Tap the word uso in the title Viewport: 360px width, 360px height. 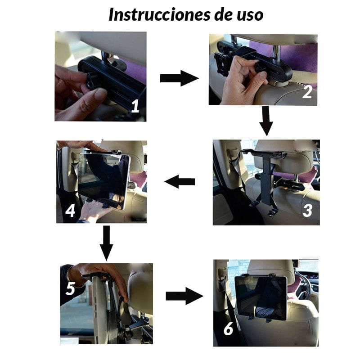click(x=250, y=15)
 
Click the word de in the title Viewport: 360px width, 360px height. click(x=224, y=14)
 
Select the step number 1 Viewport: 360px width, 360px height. click(x=135, y=106)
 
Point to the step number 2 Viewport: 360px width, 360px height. click(x=307, y=92)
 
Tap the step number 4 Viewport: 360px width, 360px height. click(x=70, y=211)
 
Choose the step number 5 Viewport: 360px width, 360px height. click(x=70, y=288)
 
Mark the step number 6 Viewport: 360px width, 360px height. click(x=228, y=329)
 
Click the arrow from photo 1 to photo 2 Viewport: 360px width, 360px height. click(x=179, y=78)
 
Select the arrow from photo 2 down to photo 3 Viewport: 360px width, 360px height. click(x=266, y=121)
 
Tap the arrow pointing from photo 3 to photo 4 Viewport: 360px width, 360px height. click(x=180, y=182)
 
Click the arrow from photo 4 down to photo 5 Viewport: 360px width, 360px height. click(x=106, y=243)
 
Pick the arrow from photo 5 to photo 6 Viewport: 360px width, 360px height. click(x=184, y=296)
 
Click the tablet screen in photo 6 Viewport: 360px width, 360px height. click(x=261, y=298)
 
